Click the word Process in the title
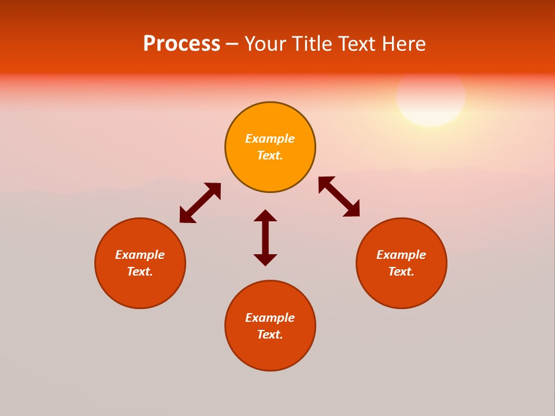tap(182, 44)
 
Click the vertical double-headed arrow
tap(265, 237)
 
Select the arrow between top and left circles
tap(200, 203)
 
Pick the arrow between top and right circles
tap(339, 196)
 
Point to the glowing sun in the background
tap(431, 97)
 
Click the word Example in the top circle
tap(270, 139)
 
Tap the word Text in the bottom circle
tap(269, 335)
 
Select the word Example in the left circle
tap(140, 255)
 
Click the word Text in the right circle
tap(401, 272)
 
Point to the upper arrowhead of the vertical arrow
tap(265, 216)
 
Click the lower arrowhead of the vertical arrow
tap(265, 259)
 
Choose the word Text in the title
tap(356, 44)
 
